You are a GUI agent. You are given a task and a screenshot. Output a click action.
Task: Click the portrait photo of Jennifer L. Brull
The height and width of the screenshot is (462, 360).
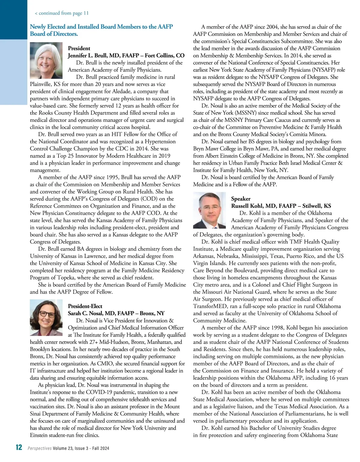click(x=46, y=60)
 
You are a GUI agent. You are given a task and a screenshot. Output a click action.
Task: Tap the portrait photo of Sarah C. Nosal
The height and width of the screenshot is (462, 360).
click(x=46, y=318)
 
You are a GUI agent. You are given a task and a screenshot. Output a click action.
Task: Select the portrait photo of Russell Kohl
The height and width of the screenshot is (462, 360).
click(x=209, y=210)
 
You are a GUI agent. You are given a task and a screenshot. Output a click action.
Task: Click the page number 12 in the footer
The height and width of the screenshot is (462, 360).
click(x=19, y=447)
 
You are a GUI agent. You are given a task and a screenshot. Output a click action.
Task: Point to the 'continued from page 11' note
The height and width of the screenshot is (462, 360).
click(x=62, y=13)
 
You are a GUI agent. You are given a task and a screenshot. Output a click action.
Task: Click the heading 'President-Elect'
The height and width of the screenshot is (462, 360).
click(x=85, y=306)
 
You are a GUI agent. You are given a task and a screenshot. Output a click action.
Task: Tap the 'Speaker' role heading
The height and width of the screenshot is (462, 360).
click(x=241, y=199)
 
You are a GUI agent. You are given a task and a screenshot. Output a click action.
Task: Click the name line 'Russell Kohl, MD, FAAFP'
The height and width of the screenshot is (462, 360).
click(x=259, y=206)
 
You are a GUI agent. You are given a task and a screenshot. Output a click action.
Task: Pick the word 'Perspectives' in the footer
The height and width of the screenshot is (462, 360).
click(x=40, y=448)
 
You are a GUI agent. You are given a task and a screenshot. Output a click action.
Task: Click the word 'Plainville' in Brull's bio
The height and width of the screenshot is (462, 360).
click(x=41, y=84)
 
